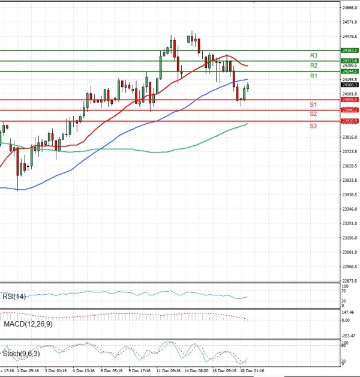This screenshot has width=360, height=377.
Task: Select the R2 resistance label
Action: (x=314, y=65)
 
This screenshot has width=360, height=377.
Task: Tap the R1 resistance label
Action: (x=314, y=76)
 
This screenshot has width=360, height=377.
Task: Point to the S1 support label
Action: (x=314, y=105)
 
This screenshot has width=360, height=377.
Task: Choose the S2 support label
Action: (x=314, y=113)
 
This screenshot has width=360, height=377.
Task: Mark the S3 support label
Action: (x=314, y=125)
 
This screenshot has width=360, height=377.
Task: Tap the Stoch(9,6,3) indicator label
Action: (x=20, y=354)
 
